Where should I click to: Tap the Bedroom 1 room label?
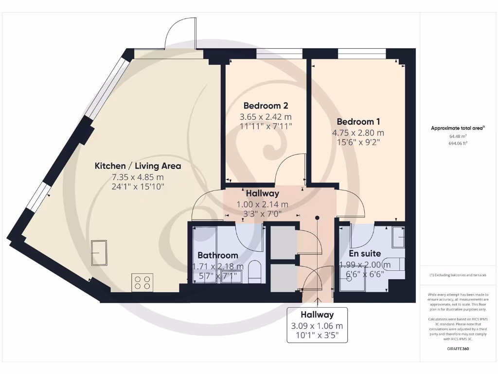click(358, 121)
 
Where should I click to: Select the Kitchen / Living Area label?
click(138, 166)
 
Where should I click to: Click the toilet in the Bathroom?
click(255, 272)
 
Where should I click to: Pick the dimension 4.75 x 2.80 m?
click(358, 132)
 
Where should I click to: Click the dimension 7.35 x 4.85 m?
click(138, 176)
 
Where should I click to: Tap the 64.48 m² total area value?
click(457, 136)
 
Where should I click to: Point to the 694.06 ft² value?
click(457, 144)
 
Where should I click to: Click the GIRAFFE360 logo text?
click(457, 349)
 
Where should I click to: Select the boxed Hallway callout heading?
click(317, 315)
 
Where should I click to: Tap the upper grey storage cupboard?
click(283, 243)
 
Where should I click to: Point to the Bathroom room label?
click(217, 255)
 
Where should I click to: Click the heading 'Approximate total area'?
click(457, 128)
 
